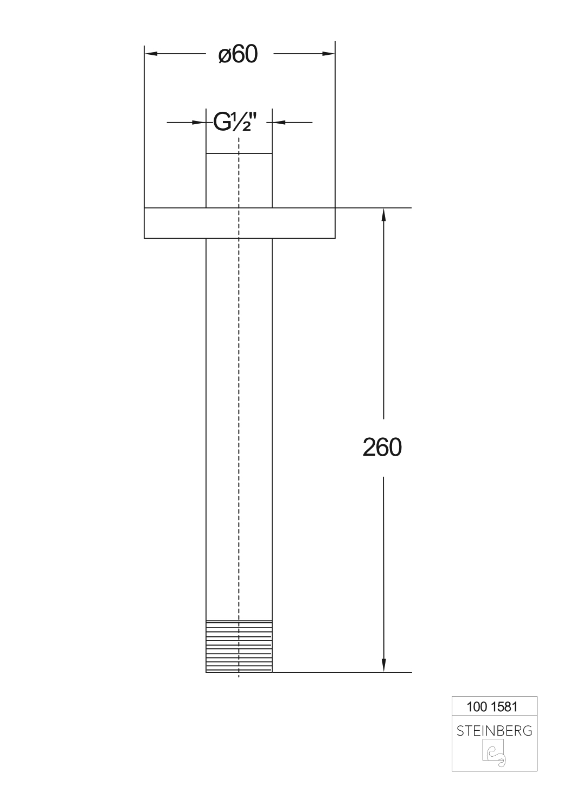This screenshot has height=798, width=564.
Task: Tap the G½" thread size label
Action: [x=235, y=123]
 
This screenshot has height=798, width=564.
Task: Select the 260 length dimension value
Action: [x=382, y=448]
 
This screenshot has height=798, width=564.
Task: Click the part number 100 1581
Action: [x=492, y=707]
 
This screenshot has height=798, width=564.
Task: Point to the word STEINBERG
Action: [x=494, y=731]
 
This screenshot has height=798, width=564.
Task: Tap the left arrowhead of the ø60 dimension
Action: [x=150, y=54]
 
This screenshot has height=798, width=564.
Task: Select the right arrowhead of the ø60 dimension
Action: [x=329, y=54]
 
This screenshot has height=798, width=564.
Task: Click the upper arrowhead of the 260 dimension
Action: [x=384, y=214]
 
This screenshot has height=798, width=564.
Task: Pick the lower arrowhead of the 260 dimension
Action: [x=384, y=666]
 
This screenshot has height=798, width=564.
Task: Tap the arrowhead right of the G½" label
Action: [x=278, y=123]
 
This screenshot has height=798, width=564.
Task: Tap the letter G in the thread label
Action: [x=222, y=123]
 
